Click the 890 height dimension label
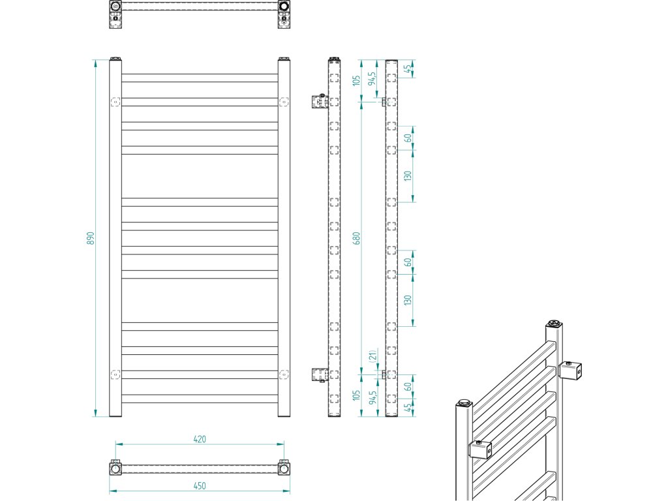point(91,239)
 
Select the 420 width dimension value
point(200,439)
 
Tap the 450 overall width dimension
point(200,485)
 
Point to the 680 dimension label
point(356,238)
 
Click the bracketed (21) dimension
point(371,357)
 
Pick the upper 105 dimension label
point(356,81)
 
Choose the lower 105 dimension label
point(356,396)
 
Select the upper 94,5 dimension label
point(372,78)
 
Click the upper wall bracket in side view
point(318,101)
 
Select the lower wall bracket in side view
point(318,374)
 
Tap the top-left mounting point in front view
point(115,102)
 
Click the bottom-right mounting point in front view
point(284,374)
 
